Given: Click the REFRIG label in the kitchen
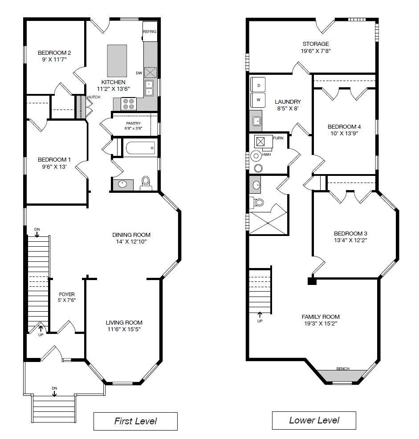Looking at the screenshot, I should (x=149, y=32).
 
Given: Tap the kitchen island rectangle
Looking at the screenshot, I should (x=117, y=61).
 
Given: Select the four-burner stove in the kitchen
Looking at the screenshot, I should (x=129, y=104).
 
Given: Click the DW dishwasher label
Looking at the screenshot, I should (x=139, y=73).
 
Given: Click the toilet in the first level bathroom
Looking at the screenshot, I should (x=146, y=183).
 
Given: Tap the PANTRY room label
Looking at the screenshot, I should (x=133, y=123).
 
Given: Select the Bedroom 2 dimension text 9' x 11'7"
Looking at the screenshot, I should (x=54, y=59).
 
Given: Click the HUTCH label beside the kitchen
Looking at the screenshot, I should (x=94, y=97).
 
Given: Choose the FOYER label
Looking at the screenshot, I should (x=67, y=294).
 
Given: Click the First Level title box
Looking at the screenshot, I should (x=135, y=421).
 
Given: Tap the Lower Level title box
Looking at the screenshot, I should (x=314, y=420).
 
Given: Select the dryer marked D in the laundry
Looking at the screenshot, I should (x=258, y=85).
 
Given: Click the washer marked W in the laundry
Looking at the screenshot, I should (x=258, y=99).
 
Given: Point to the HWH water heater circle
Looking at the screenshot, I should (x=256, y=156).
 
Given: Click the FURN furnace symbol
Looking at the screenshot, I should (x=260, y=142).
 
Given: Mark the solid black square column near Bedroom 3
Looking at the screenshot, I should (x=312, y=281).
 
